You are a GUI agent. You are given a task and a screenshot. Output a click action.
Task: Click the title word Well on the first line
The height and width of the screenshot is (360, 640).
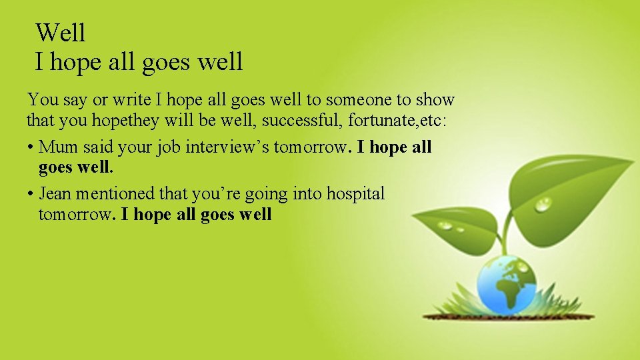tap(61, 32)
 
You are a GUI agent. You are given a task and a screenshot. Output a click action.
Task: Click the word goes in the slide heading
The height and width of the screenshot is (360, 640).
tap(166, 62)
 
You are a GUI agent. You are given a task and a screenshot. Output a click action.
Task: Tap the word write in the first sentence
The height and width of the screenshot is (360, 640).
tap(131, 100)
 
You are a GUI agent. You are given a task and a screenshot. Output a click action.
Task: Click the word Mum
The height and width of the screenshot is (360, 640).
tap(59, 147)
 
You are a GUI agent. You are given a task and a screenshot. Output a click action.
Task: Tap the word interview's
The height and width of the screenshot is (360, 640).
tap(227, 147)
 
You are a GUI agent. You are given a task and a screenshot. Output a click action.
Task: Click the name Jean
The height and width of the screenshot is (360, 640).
tap(55, 193)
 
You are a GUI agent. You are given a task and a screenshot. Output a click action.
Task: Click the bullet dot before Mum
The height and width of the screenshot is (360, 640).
tap(31, 147)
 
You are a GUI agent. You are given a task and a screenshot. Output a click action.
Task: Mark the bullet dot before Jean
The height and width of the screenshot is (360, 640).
tap(31, 194)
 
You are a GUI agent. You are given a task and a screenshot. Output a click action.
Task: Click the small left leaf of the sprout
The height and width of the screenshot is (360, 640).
tap(453, 223)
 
